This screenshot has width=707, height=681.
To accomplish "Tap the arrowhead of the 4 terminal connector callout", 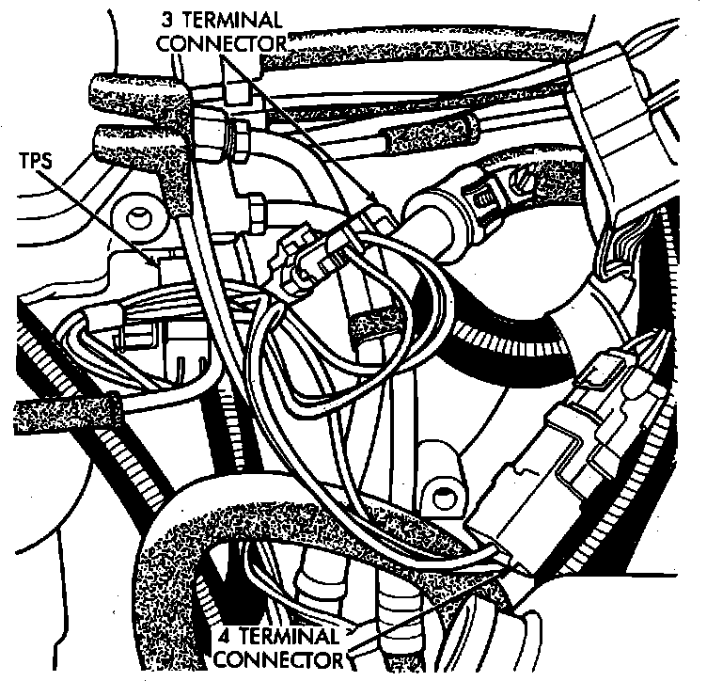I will coord(515,563).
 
